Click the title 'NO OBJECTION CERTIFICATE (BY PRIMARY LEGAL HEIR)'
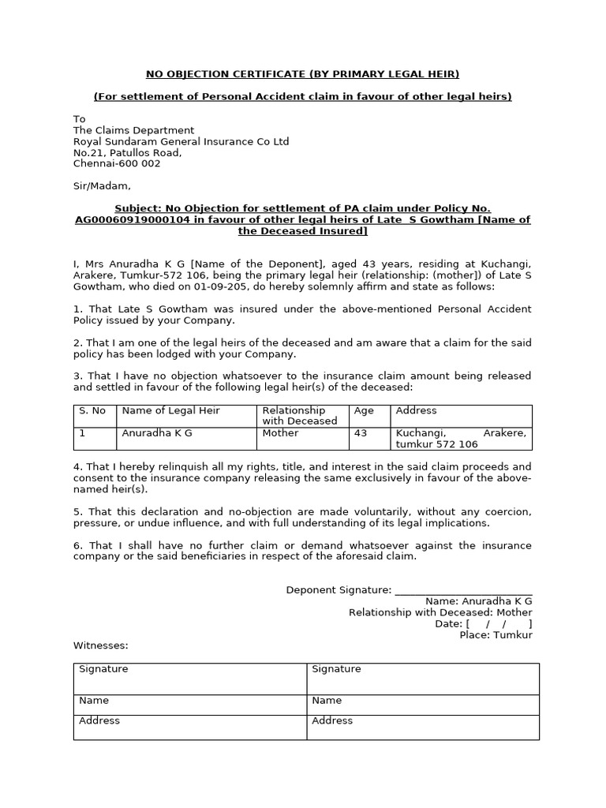[302, 74]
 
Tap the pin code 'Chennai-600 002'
[117, 163]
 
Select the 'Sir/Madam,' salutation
[102, 186]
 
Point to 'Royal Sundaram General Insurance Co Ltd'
[181, 141]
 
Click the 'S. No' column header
[92, 410]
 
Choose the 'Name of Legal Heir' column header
[170, 410]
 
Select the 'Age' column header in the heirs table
[364, 410]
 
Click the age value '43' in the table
[361, 433]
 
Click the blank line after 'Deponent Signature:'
[463, 590]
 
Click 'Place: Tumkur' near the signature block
[496, 634]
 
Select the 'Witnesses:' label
[101, 645]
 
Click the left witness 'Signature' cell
[189, 678]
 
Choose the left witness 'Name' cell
[189, 701]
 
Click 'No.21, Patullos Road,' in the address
[127, 152]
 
